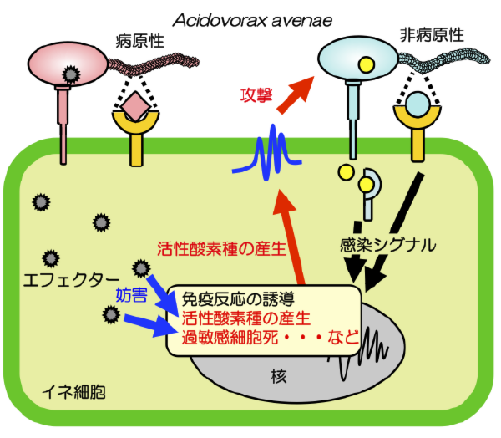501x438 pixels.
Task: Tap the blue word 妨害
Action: click(131, 294)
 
